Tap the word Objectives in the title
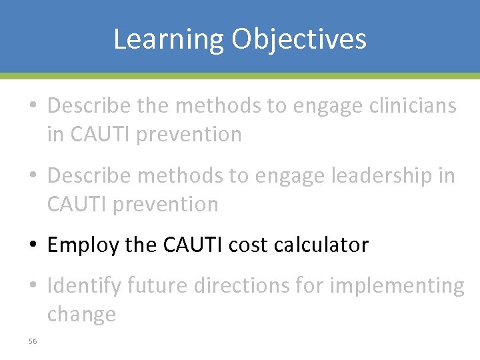[x=299, y=39]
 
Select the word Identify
[x=85, y=286]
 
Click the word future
[x=157, y=285]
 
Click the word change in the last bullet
[x=81, y=314]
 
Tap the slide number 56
[x=33, y=341]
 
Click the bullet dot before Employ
[x=33, y=246]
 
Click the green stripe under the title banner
[x=240, y=76]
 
